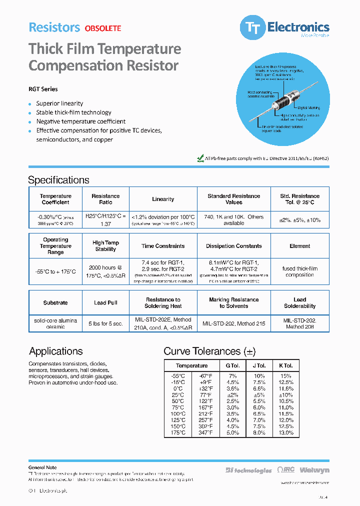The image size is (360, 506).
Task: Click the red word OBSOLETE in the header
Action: (102, 28)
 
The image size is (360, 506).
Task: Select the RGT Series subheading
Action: (43, 89)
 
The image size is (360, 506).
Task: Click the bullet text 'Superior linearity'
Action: (59, 103)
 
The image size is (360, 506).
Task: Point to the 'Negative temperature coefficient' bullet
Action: (80, 121)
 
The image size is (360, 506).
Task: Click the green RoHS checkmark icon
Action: (200, 158)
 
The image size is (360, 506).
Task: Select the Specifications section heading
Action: (58, 180)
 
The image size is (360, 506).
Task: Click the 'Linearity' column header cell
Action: (163, 199)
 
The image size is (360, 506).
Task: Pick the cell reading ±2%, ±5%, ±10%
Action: (299, 220)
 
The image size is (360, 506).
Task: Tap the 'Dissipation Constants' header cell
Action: (233, 246)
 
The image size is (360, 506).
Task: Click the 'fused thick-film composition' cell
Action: (299, 271)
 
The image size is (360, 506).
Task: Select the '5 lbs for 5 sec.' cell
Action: (105, 323)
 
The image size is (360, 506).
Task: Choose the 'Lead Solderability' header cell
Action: (299, 303)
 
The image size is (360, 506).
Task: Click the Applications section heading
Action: (55, 351)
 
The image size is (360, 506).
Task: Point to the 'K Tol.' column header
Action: (286, 365)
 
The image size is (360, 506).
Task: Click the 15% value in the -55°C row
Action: (286, 375)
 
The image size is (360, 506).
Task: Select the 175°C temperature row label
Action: (177, 432)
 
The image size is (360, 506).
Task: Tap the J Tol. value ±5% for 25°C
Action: (259, 394)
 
